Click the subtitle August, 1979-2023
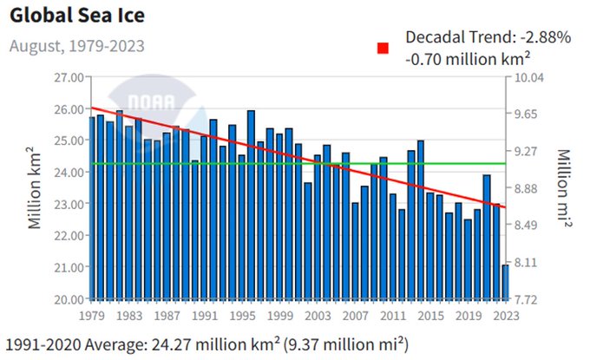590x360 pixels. coord(76,45)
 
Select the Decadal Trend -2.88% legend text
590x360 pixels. coord(488,37)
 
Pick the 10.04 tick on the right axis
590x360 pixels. coord(529,77)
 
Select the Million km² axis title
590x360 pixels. coord(36,187)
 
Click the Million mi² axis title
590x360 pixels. coord(563,187)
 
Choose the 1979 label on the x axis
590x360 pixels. coord(91,316)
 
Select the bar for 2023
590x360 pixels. coord(505,282)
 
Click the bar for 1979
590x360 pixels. coord(91,208)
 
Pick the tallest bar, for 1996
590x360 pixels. coord(251,205)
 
